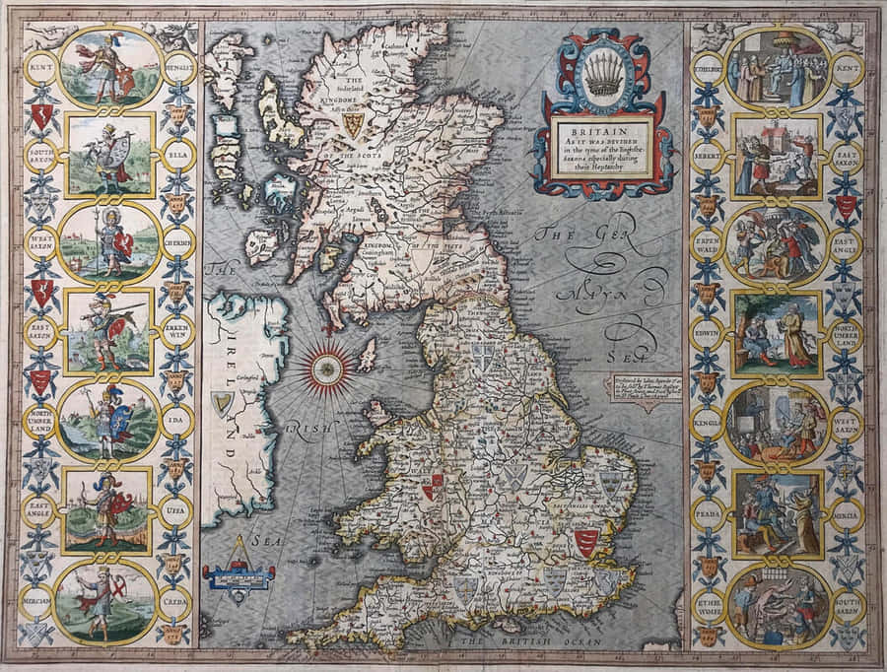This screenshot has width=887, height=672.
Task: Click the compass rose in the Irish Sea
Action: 324,367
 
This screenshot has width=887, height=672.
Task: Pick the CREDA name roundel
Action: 178,600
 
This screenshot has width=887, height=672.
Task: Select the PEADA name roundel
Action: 707,513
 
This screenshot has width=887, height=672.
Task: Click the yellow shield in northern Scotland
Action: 352,123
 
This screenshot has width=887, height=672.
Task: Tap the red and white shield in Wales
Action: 432,486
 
